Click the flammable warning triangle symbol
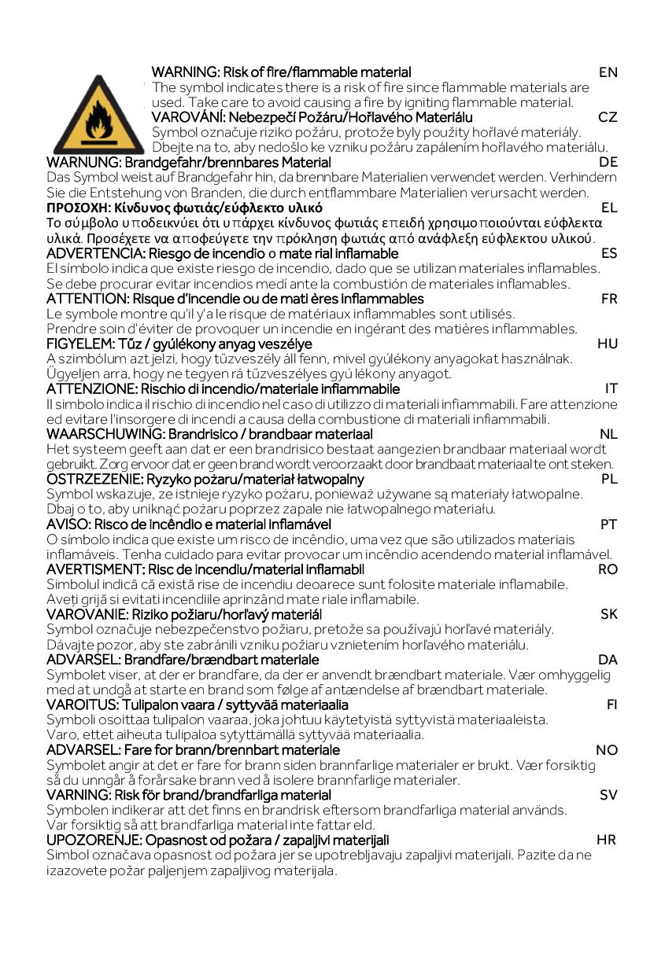[x=98, y=116]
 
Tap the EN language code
[x=608, y=72]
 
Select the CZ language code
[x=608, y=117]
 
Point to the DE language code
[x=608, y=163]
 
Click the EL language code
[x=609, y=208]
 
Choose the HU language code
[x=608, y=344]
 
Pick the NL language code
[x=608, y=434]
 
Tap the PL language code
[x=609, y=479]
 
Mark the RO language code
[x=608, y=569]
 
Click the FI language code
[x=611, y=705]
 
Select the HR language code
[x=606, y=840]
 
